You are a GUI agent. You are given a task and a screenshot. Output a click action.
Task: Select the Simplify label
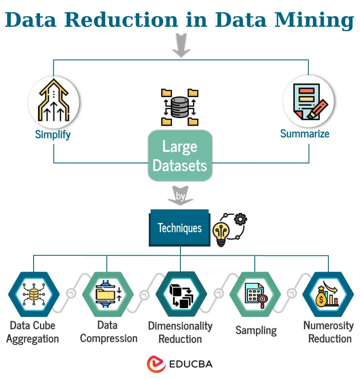53,134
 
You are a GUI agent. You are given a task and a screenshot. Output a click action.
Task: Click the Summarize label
305,133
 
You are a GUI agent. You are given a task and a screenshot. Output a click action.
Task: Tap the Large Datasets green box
180,156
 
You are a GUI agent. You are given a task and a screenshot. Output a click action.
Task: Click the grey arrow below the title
180,45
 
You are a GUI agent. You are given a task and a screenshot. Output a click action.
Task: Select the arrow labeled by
180,196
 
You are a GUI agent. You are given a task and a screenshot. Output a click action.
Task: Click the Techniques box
180,228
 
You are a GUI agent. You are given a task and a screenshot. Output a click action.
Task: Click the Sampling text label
256,330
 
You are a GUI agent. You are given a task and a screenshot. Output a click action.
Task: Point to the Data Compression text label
108,332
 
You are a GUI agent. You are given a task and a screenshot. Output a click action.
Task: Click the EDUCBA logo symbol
156,364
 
